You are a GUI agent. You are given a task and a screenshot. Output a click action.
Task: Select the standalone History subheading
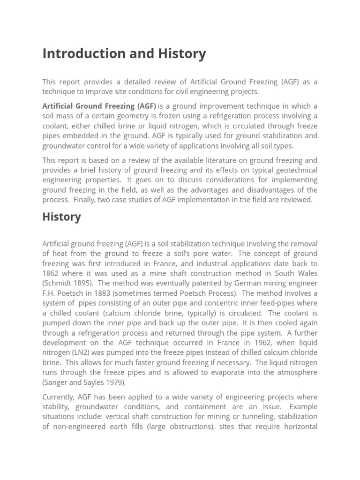point(61,217)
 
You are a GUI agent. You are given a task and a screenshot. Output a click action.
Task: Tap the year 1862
point(51,274)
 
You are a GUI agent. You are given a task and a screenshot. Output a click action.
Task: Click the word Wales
point(307,274)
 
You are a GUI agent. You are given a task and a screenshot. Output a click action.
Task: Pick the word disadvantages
point(271,190)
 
